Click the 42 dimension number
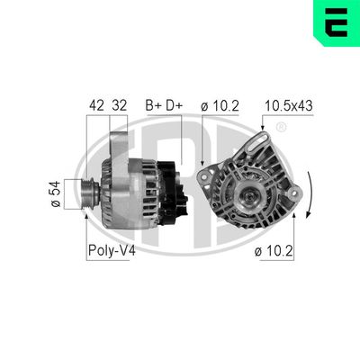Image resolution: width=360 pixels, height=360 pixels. click(97, 104)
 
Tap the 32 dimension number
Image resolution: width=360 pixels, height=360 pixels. click(118, 104)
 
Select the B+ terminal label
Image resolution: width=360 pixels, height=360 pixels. click(153, 104)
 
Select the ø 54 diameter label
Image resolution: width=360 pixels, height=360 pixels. click(56, 193)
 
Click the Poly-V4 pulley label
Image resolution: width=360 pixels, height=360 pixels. click(112, 250)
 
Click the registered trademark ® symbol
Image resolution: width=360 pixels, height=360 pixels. click(281, 129)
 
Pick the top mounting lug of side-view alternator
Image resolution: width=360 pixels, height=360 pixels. click(117, 143)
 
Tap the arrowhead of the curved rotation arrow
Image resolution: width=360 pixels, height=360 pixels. click(305, 220)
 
